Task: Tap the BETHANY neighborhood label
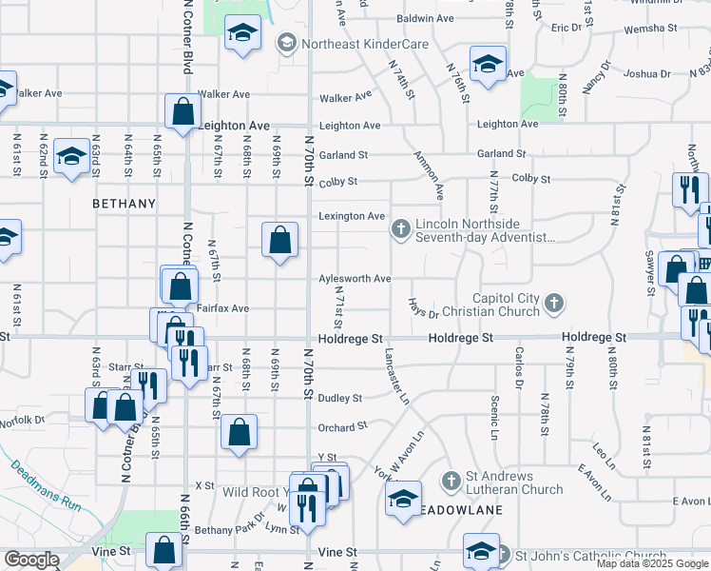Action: [x=124, y=204]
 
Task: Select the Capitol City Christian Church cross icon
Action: [x=554, y=305]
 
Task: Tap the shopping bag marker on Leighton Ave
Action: [x=182, y=112]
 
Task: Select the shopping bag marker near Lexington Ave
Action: [x=279, y=242]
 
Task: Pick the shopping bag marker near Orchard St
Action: [x=239, y=432]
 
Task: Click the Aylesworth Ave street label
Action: [x=355, y=279]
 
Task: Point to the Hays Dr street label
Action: [x=423, y=307]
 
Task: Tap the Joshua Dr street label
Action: [x=647, y=73]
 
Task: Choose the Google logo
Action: [x=31, y=560]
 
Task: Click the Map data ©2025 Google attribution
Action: [x=651, y=564]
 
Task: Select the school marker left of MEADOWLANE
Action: [x=403, y=499]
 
